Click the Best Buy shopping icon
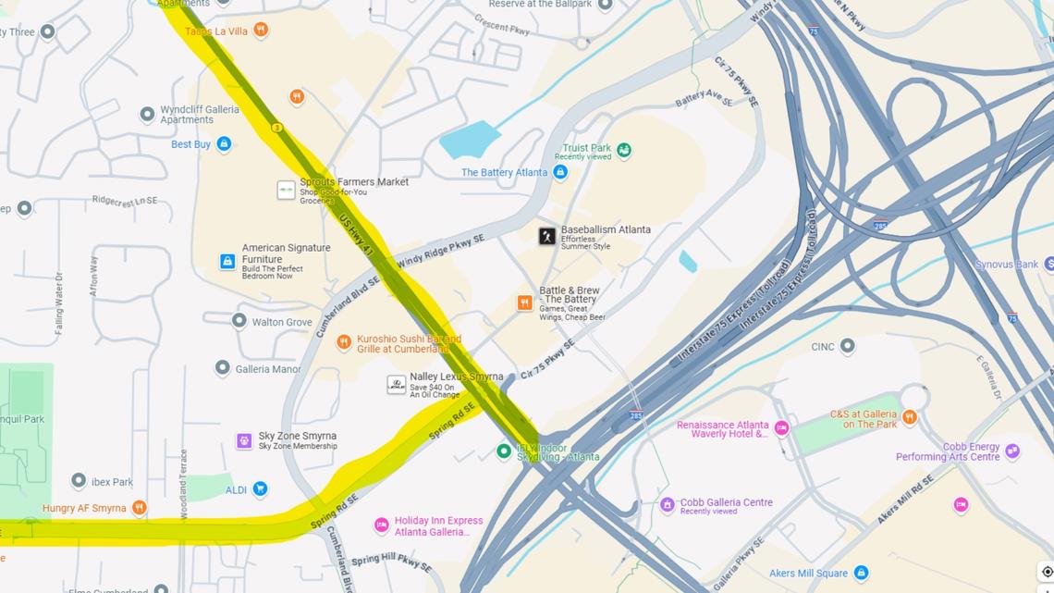(224, 144)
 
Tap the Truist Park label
(587, 148)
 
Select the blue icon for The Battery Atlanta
(560, 172)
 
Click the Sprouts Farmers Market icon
(286, 190)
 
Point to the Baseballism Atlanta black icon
(547, 236)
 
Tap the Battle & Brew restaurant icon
(524, 303)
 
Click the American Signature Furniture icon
(227, 262)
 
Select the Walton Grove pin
(239, 321)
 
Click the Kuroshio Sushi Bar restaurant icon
(344, 342)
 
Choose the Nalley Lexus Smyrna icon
(396, 384)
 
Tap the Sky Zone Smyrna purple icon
(244, 441)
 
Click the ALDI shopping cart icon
(260, 488)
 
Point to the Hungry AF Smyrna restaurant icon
(139, 507)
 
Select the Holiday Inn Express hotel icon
(381, 525)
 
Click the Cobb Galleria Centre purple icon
(667, 505)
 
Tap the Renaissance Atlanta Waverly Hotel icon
(781, 427)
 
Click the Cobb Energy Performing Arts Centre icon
(1012, 451)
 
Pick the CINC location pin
(847, 346)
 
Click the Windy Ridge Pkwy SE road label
(441, 252)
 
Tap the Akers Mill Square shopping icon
(861, 574)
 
